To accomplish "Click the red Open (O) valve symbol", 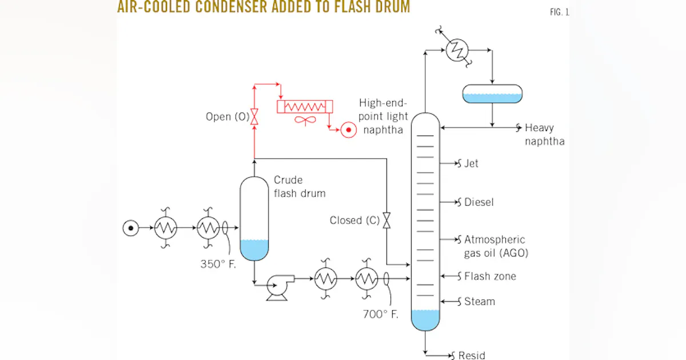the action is coord(254,117).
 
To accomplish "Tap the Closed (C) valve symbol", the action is coord(387,221).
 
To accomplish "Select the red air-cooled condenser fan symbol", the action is coord(305,121).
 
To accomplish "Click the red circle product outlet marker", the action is coord(349,130).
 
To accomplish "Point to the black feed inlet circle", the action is coord(131,228).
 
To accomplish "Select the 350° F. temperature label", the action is coord(218,264).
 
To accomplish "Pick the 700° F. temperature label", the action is coord(380,314).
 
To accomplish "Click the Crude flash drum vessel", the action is coord(254,218).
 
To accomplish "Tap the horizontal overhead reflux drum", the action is coord(492,94).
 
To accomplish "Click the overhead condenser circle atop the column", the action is coord(457,50).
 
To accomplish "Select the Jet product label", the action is coord(471,163).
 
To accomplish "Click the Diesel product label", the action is coord(479,202).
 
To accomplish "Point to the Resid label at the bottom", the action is coord(472,355).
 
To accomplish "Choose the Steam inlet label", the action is coord(480,302).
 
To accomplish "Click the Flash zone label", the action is coord(490,277).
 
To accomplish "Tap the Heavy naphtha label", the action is coord(544,134).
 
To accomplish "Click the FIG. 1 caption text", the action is coord(560,12).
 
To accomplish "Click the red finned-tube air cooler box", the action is coord(305,106).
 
